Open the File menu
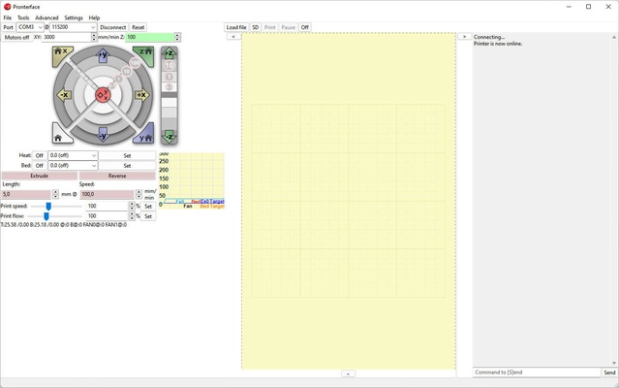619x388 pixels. (7, 17)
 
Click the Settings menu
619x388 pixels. (74, 17)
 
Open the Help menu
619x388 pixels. (94, 17)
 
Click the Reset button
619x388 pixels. (139, 27)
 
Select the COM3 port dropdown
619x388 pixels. (30, 27)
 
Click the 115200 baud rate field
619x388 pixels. (73, 27)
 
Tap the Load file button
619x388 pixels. (236, 27)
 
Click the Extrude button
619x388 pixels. (39, 176)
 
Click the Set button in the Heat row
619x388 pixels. (127, 155)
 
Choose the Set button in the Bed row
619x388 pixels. (127, 166)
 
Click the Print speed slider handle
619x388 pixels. (48, 206)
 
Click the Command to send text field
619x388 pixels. (537, 372)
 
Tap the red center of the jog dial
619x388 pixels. (104, 95)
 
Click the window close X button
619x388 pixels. (606, 7)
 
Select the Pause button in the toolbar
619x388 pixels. (288, 27)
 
